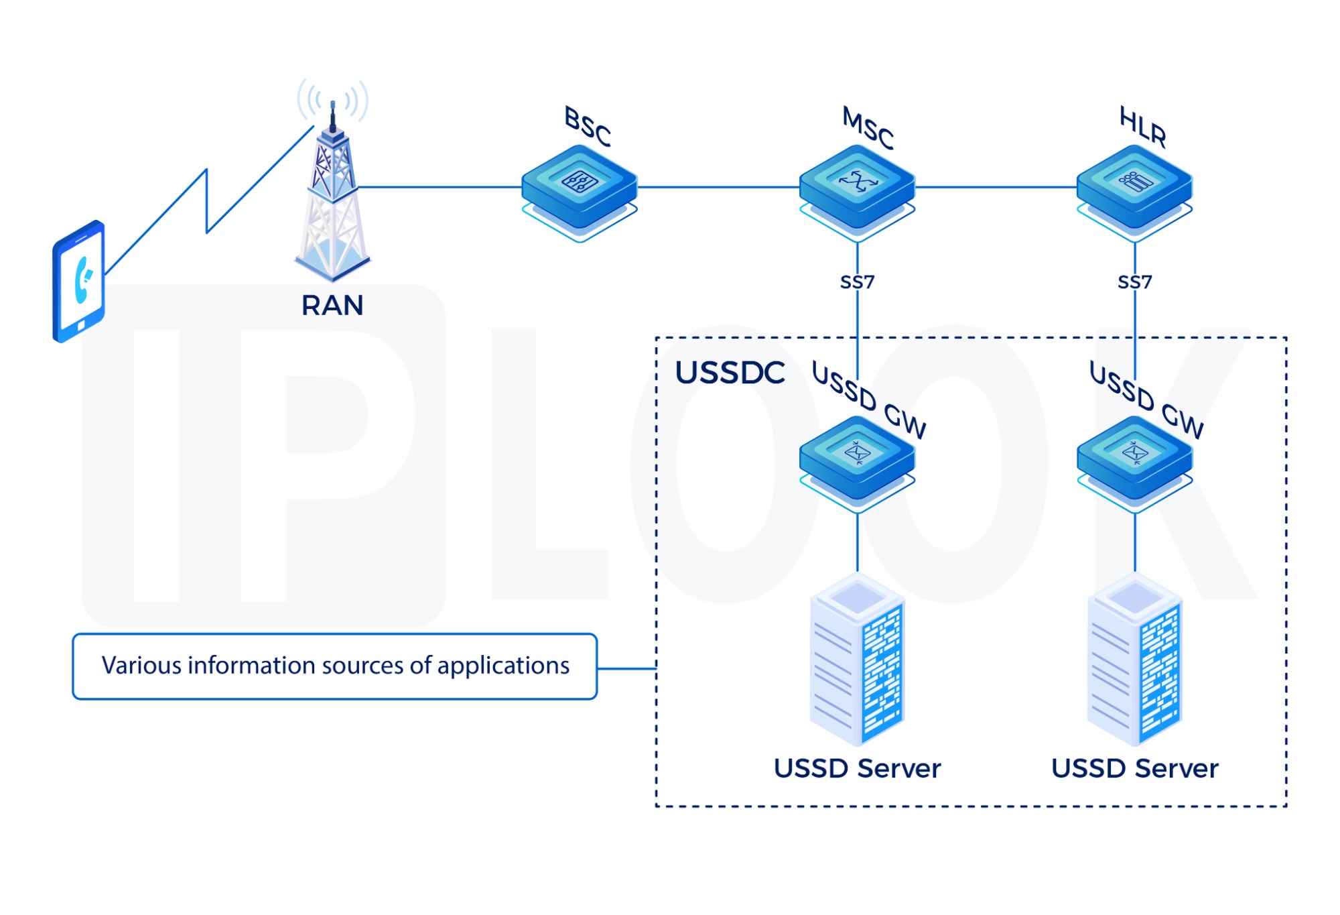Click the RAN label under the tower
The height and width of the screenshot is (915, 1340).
(x=332, y=306)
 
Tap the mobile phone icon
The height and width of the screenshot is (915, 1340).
(x=79, y=282)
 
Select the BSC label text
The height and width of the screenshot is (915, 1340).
(x=588, y=127)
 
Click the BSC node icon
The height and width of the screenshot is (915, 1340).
(x=580, y=188)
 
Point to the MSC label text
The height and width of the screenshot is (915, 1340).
(x=868, y=128)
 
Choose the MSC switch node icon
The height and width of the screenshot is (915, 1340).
(x=857, y=188)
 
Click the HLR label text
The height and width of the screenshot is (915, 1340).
(x=1143, y=127)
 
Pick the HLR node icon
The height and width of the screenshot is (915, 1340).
(x=1134, y=188)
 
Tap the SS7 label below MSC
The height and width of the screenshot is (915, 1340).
(x=857, y=282)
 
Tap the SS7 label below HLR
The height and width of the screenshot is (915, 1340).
(x=1134, y=282)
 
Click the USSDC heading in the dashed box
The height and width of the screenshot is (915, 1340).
(x=730, y=373)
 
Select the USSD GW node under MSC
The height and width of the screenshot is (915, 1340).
(x=857, y=459)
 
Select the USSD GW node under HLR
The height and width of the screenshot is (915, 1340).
(x=1134, y=459)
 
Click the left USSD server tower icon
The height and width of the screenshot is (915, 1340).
(x=857, y=660)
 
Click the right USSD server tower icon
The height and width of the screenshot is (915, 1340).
(x=1134, y=660)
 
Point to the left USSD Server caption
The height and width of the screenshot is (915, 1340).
(x=857, y=768)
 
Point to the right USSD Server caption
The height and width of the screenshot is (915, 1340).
(x=1134, y=768)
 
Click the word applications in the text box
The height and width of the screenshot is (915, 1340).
(x=503, y=666)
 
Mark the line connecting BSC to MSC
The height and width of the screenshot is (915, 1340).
(x=717, y=187)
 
